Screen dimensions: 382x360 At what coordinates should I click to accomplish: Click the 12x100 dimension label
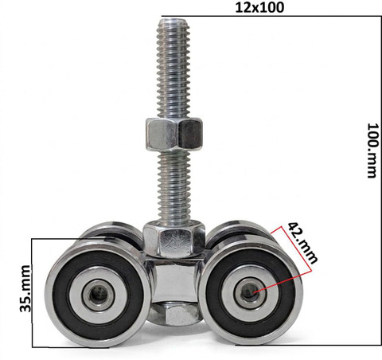pyautogui.click(x=259, y=7)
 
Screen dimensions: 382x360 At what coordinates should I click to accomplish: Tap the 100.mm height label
pyautogui.click(x=372, y=151)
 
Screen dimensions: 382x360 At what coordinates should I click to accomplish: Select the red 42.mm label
pyautogui.click(x=302, y=243)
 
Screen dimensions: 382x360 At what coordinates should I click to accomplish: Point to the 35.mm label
pyautogui.click(x=25, y=288)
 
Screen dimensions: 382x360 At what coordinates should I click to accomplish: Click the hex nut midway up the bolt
pyautogui.click(x=174, y=134)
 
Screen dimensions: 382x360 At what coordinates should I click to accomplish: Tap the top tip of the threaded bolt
pyautogui.click(x=173, y=18)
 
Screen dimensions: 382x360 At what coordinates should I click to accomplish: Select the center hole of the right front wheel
pyautogui.click(x=248, y=292)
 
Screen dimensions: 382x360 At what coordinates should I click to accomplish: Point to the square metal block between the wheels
pyautogui.click(x=174, y=281)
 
